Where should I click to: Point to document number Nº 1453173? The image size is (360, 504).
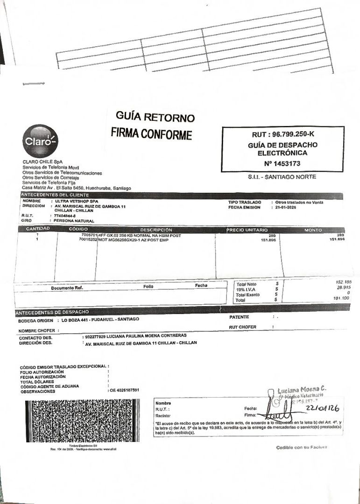282,163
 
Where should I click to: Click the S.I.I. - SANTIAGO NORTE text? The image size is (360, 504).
282,177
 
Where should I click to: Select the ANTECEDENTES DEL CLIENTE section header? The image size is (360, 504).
55,195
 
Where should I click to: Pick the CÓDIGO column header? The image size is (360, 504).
78,229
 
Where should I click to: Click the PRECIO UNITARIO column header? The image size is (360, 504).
247,230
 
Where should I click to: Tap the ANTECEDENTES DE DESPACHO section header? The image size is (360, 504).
52,312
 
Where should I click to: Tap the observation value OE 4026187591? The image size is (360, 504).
124,390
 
